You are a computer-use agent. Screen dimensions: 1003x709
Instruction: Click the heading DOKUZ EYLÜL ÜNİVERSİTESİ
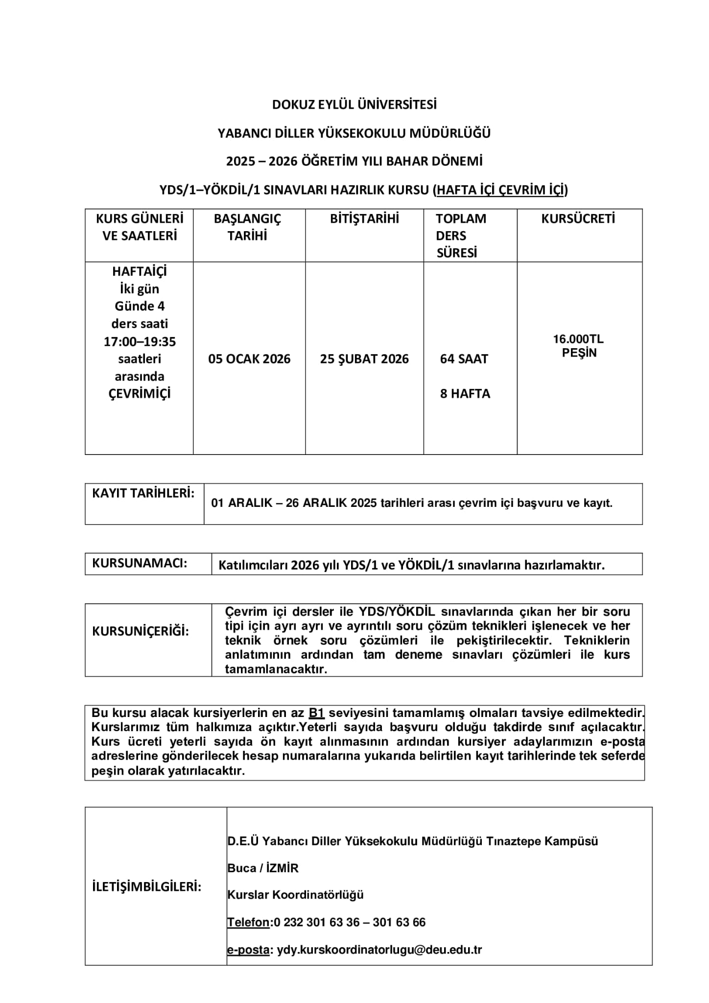point(354,105)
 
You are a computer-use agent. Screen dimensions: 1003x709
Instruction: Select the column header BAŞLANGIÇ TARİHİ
point(247,227)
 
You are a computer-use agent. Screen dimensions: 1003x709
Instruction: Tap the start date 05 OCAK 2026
point(249,359)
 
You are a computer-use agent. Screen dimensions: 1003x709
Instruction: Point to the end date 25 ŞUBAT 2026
point(364,359)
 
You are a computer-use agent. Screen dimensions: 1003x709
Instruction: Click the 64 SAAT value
point(464,359)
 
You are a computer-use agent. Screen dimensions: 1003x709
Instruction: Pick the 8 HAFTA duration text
point(465,394)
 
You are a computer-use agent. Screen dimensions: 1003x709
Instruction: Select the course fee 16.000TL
point(578,339)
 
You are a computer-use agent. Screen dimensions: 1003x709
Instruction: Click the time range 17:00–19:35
point(140,341)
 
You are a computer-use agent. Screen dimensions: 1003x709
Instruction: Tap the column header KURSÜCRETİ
point(578,219)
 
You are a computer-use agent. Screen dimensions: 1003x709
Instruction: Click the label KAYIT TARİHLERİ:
point(143,493)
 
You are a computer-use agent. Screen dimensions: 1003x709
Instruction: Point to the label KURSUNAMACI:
point(140,563)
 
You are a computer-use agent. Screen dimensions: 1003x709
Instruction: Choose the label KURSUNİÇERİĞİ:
point(141,631)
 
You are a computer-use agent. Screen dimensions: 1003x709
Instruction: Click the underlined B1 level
point(317,713)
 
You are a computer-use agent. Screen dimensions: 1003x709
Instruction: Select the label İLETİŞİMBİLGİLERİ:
point(147,887)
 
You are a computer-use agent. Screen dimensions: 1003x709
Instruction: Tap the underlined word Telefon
point(248,922)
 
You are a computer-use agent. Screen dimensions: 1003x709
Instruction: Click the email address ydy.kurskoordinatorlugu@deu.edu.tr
point(379,950)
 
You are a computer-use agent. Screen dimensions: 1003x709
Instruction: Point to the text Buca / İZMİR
point(263,868)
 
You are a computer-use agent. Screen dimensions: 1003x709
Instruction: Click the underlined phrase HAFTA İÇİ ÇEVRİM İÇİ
point(500,190)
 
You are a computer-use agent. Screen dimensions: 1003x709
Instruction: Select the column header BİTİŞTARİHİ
point(364,219)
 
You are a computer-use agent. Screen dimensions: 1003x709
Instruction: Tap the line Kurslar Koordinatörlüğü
point(295,895)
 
